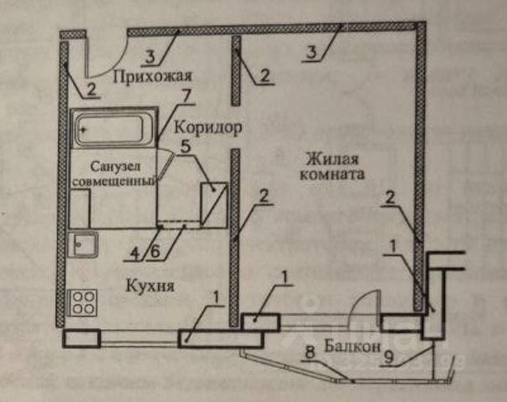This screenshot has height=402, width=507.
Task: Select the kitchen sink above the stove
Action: pos(84,245)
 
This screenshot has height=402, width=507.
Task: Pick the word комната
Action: pos(331,177)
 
